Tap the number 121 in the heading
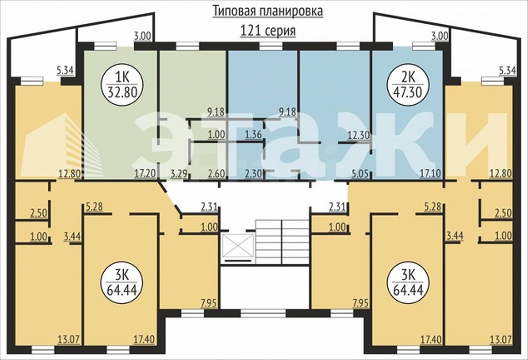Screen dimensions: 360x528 point(250,31)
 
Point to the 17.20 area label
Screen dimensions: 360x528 point(144,174)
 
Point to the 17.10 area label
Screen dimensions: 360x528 point(428,174)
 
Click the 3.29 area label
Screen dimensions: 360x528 point(180,174)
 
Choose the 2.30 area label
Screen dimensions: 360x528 point(254,174)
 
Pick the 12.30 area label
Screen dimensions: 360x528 point(358,135)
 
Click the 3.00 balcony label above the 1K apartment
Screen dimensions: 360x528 point(142,36)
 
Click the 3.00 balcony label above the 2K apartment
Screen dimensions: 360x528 point(440,36)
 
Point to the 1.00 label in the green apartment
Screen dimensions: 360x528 point(216,135)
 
